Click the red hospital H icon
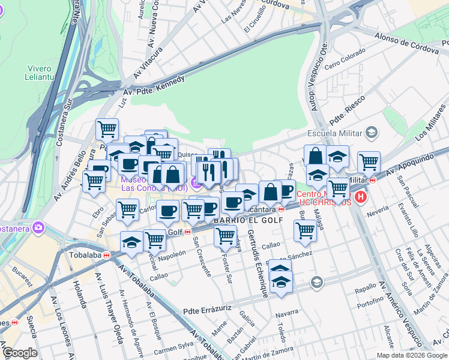pos(360,197)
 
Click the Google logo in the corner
pos(20,353)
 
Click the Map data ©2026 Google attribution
pos(412,355)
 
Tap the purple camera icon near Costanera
pos(40,227)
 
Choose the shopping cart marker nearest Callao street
pos(306,229)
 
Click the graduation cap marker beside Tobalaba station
pos(131,242)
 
